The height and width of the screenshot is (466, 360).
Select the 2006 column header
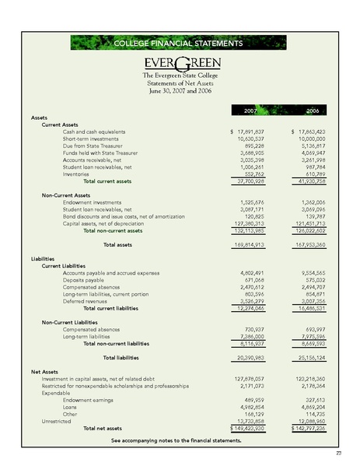(x=311, y=111)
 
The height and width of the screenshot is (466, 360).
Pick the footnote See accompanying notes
(x=176, y=440)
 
